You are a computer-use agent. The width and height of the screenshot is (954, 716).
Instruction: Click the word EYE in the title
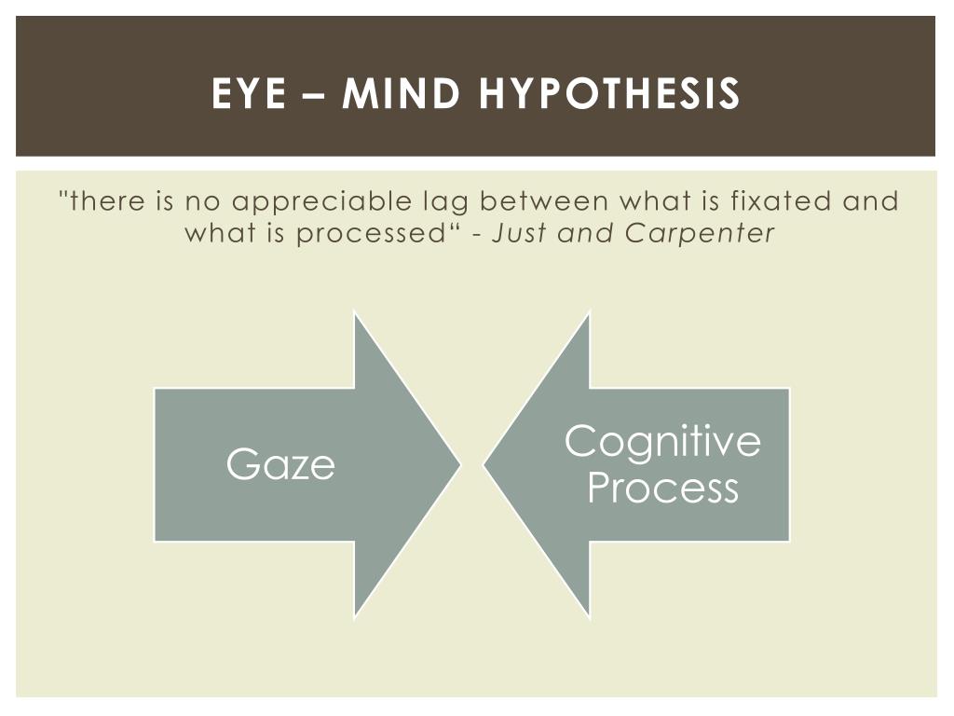click(x=249, y=93)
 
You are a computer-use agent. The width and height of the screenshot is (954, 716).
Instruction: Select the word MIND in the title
click(x=401, y=93)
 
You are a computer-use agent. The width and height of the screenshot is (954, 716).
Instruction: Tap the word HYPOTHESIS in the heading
click(x=609, y=93)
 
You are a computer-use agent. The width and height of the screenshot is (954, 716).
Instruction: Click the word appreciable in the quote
click(x=321, y=202)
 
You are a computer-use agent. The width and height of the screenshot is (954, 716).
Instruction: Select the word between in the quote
click(x=544, y=201)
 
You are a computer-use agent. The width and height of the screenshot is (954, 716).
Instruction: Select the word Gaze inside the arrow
click(x=280, y=464)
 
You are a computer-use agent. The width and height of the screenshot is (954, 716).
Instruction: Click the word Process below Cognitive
click(x=662, y=488)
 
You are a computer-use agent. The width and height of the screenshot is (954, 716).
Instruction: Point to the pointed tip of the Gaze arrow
click(x=460, y=465)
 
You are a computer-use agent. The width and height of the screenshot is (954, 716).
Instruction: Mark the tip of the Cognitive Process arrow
click(x=484, y=466)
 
